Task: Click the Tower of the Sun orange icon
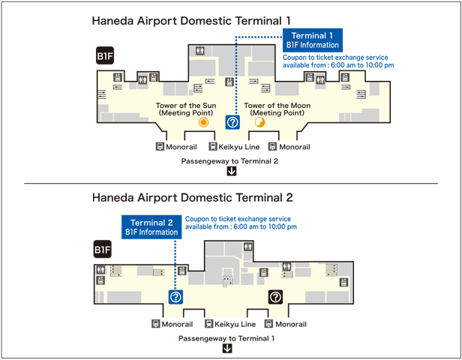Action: point(203,122)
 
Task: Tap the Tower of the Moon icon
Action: point(259,122)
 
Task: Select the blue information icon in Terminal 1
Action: point(232,122)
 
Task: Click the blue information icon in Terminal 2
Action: point(175,297)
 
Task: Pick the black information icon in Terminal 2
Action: point(275,297)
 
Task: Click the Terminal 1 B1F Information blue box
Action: point(313,40)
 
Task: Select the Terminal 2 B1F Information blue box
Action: point(151,227)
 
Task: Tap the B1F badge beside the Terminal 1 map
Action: point(105,55)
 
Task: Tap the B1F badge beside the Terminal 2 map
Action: point(103,249)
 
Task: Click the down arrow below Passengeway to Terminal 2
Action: point(232,171)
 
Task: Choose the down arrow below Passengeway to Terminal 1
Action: point(226,348)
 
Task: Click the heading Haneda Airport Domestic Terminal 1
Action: point(191,21)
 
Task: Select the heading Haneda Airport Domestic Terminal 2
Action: point(193,197)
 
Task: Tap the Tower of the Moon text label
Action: point(277,109)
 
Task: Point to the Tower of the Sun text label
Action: point(186,109)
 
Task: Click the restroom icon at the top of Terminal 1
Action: point(200,51)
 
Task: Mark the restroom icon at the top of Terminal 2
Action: point(248,246)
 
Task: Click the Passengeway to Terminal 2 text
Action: point(229,161)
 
